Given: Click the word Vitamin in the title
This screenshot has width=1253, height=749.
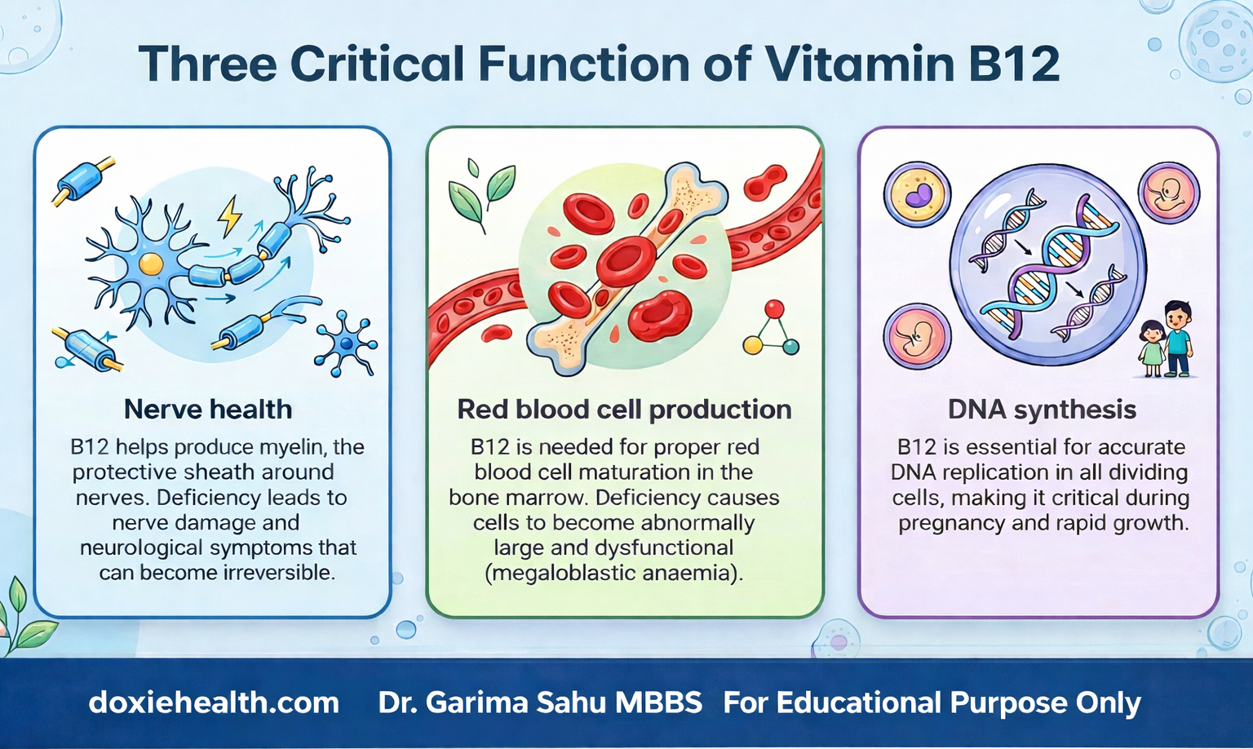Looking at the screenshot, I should tap(859, 64).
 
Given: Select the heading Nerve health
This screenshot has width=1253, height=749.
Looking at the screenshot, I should tap(208, 409).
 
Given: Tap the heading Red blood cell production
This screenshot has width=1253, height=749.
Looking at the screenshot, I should tap(624, 409).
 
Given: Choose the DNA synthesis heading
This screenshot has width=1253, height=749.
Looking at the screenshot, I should tap(1042, 409).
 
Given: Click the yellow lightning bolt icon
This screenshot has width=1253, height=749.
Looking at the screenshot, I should tap(230, 215).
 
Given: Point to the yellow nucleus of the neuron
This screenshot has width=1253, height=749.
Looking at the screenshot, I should tap(151, 264).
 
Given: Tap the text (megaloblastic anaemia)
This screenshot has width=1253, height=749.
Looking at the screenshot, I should tap(614, 573).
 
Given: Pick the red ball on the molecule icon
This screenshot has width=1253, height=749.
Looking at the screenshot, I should tap(774, 309).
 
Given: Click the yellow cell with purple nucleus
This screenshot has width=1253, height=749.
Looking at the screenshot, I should tap(918, 194).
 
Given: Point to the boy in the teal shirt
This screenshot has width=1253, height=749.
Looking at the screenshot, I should tap(1177, 338).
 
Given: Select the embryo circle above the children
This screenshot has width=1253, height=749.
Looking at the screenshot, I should tap(1169, 193).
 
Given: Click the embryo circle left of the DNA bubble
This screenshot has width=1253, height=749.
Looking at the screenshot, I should tap(917, 336).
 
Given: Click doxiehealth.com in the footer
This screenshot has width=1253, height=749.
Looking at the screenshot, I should tap(214, 702).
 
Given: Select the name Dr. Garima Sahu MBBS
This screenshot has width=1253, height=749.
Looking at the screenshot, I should tap(540, 702).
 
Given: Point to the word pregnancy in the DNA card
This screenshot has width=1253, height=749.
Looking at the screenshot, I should tap(952, 522).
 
